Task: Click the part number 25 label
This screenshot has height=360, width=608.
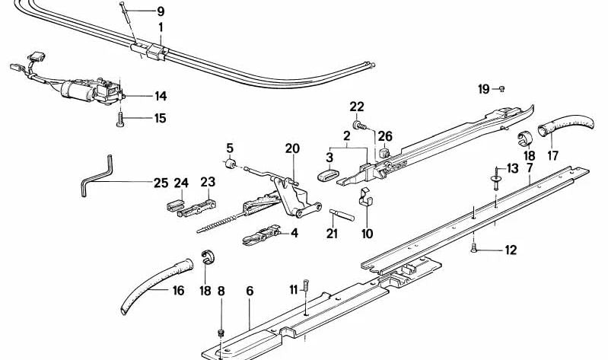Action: coord(160,183)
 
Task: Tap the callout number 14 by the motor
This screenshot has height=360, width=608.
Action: coord(161,97)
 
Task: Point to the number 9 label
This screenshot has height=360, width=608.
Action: coord(159,11)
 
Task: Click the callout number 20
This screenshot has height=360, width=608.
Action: coord(293,148)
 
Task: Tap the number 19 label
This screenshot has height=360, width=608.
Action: coord(484,89)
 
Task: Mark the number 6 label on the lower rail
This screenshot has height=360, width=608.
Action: coord(248,290)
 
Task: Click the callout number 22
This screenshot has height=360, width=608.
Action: coord(357,106)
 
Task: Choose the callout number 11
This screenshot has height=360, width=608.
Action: coord(293,288)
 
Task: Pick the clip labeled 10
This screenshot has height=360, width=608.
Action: coord(368,199)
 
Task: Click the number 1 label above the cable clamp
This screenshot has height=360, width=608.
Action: coord(161,29)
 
